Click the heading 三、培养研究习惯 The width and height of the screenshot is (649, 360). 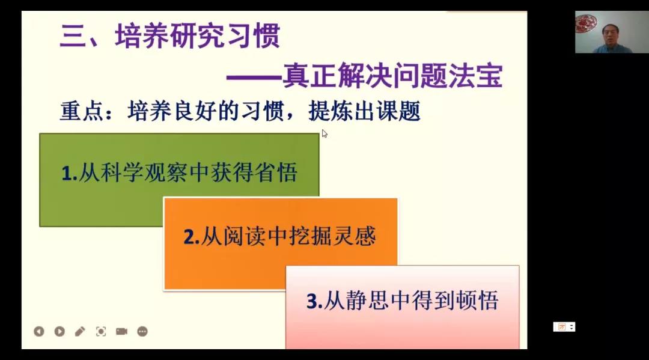[x=170, y=36]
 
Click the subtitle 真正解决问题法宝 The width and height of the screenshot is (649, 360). [x=392, y=76]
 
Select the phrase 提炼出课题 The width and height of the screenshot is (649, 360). [x=365, y=111]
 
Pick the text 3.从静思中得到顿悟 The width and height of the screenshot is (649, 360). [x=402, y=301]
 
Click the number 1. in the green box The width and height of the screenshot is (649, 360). [x=70, y=173]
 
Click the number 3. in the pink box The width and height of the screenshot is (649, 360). [x=314, y=301]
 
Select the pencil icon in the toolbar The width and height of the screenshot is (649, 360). [x=80, y=331]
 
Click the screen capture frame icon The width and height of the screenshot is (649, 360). [x=101, y=331]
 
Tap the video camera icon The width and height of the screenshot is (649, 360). [x=121, y=331]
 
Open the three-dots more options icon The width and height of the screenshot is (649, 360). [x=142, y=331]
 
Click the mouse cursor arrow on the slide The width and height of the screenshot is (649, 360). [x=324, y=133]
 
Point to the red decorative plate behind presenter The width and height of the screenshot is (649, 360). [x=586, y=23]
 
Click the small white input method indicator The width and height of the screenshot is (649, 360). [x=564, y=327]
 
